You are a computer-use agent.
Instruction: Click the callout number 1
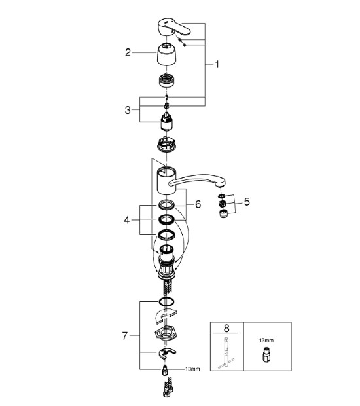coord(217,64)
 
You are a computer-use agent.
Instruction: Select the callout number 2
coord(128,52)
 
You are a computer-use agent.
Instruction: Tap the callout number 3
coord(128,110)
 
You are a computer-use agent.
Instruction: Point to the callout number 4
coord(126,220)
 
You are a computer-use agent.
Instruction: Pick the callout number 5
coord(247,202)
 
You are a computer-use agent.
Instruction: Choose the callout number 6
coord(198,204)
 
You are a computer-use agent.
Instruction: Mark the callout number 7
coord(125,336)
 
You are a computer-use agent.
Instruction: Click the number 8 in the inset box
coord(226,328)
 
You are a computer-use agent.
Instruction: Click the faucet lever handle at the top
coord(173,26)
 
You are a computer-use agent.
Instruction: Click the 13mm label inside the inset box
coord(266,341)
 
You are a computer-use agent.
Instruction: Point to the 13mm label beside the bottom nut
coord(192,369)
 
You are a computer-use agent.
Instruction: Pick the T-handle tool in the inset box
coord(226,353)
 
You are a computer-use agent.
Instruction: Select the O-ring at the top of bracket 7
coord(166,301)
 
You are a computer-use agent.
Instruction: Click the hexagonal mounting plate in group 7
coord(166,333)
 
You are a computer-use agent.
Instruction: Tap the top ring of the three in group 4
coord(167,205)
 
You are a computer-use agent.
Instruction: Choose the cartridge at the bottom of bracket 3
coord(166,121)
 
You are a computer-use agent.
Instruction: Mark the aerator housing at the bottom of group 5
coord(223,214)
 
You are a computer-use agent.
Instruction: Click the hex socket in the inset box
coord(266,355)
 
